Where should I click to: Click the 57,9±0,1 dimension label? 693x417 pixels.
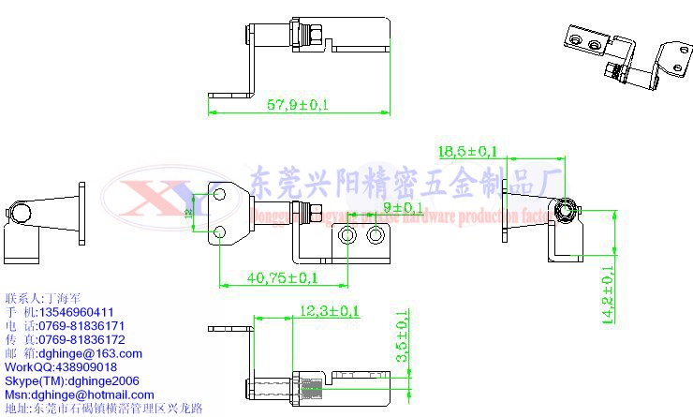[298, 105]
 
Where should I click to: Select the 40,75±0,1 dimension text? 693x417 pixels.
[282, 278]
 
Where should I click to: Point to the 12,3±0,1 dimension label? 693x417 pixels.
[330, 310]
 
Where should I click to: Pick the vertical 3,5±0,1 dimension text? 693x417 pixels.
[403, 337]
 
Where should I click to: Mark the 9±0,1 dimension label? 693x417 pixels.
[403, 207]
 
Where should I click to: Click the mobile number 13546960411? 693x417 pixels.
[76, 312]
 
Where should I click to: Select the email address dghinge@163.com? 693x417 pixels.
[90, 353]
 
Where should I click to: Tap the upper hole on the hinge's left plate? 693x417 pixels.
[220, 194]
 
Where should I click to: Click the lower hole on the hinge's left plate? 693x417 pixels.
[220, 231]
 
